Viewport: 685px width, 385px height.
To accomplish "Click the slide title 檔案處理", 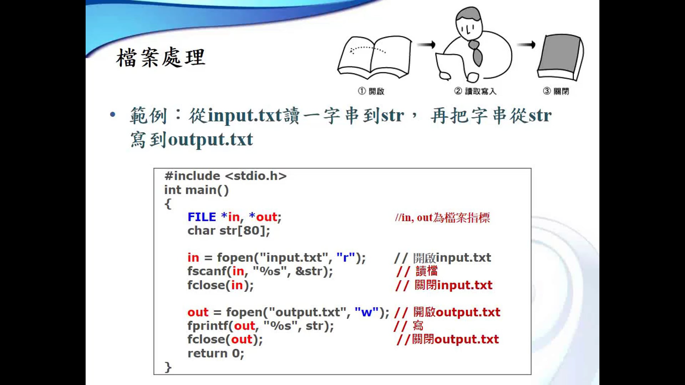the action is tap(161, 57).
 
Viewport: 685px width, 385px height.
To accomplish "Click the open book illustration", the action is tap(375, 57).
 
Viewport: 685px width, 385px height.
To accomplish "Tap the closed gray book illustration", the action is tap(560, 57).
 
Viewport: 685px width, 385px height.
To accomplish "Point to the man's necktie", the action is tap(476, 52).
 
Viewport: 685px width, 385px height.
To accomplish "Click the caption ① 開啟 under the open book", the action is tap(371, 91).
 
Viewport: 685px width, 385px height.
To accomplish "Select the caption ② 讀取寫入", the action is tap(475, 91).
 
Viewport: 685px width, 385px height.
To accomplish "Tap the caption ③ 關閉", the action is tap(556, 91).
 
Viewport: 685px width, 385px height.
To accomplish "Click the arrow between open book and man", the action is tap(427, 45).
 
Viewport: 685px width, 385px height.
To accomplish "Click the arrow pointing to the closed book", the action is tap(526, 45).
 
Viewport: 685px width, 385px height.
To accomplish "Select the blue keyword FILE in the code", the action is tap(202, 217).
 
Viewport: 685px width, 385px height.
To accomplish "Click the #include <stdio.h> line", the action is tap(225, 176).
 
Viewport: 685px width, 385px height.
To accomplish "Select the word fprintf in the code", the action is tap(208, 326).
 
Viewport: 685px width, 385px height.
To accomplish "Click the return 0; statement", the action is tap(216, 353).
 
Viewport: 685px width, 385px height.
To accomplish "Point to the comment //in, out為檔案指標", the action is tap(442, 217).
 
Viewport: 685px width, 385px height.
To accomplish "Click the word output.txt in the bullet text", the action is tap(210, 139).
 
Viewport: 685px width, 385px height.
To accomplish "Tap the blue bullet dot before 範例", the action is tap(113, 114).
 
